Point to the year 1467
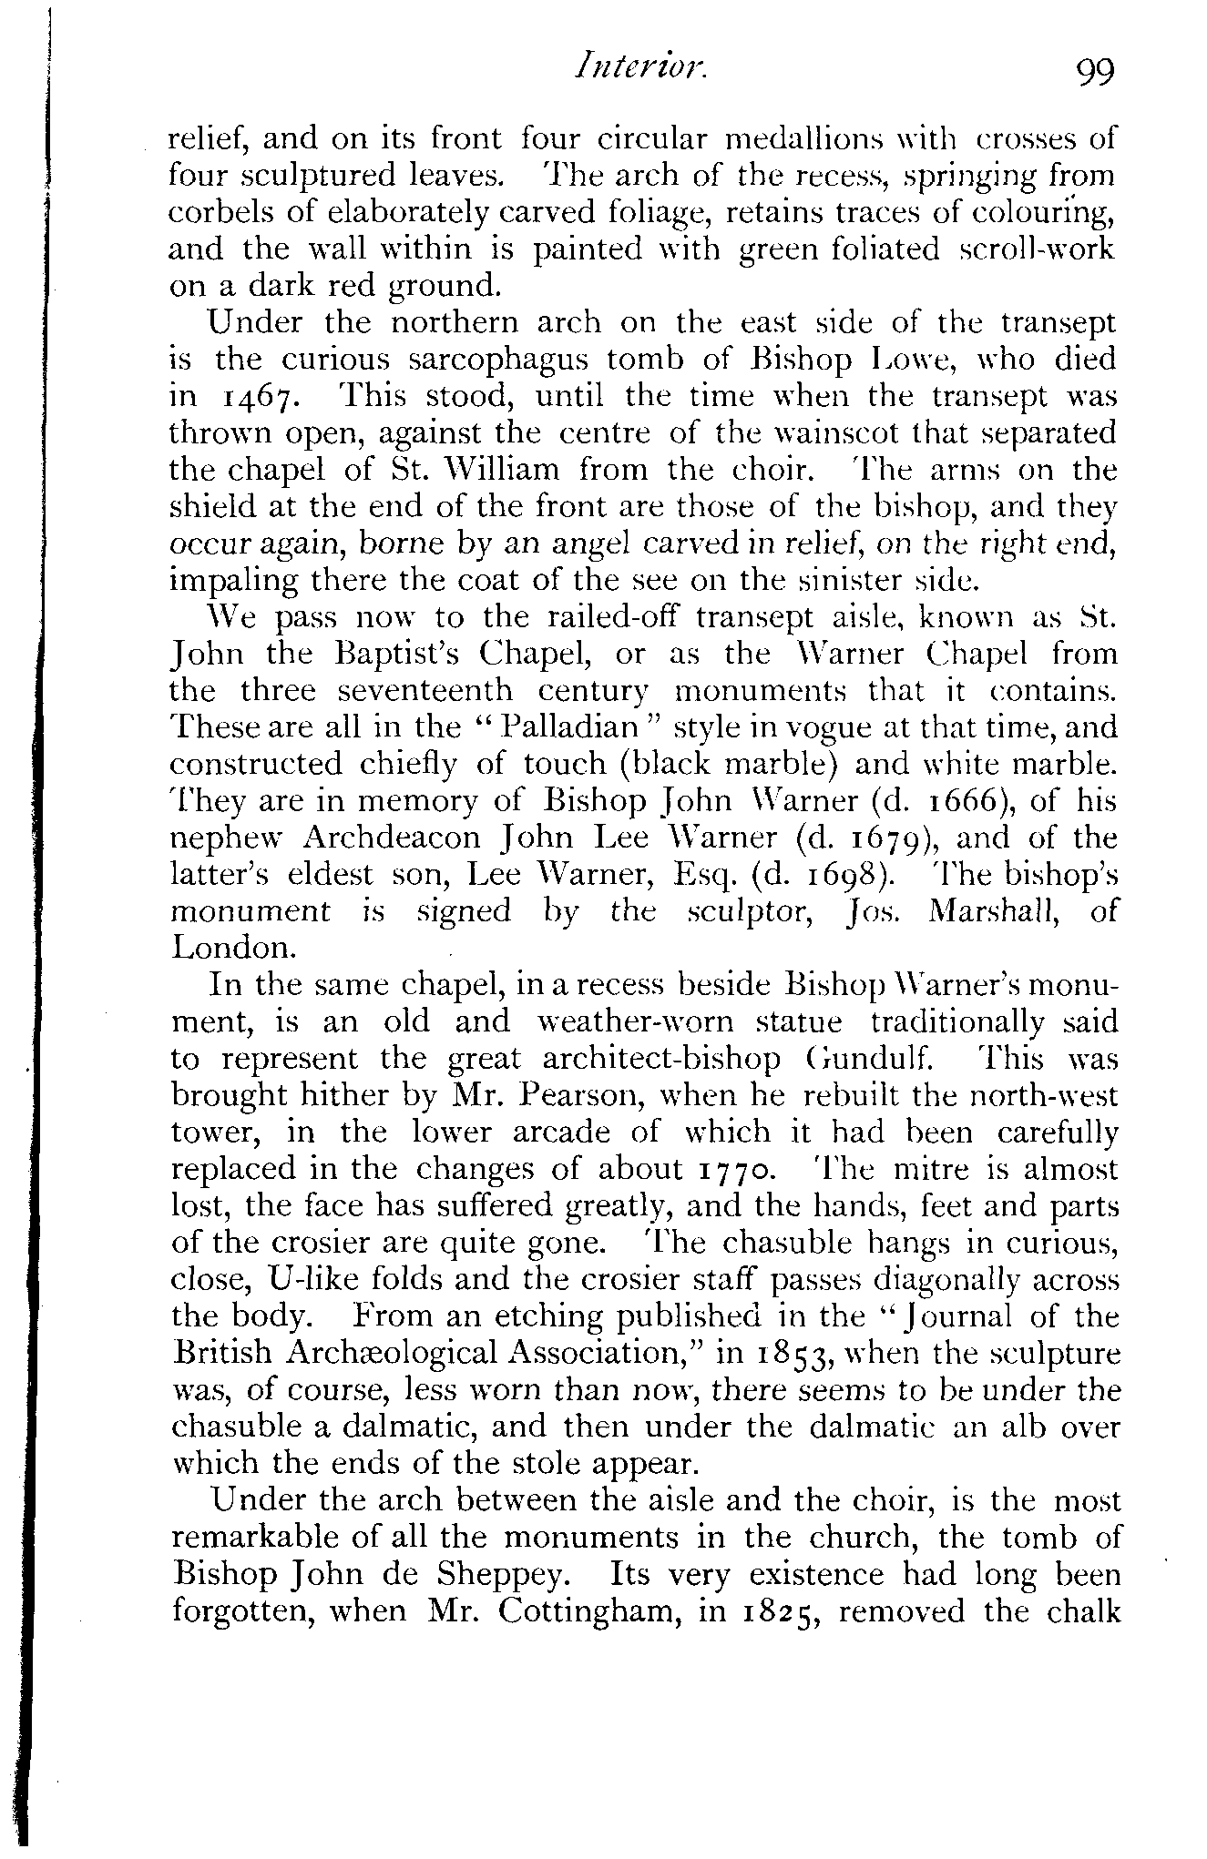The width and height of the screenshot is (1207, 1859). [x=247, y=398]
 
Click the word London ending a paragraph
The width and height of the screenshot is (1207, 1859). [x=233, y=948]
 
